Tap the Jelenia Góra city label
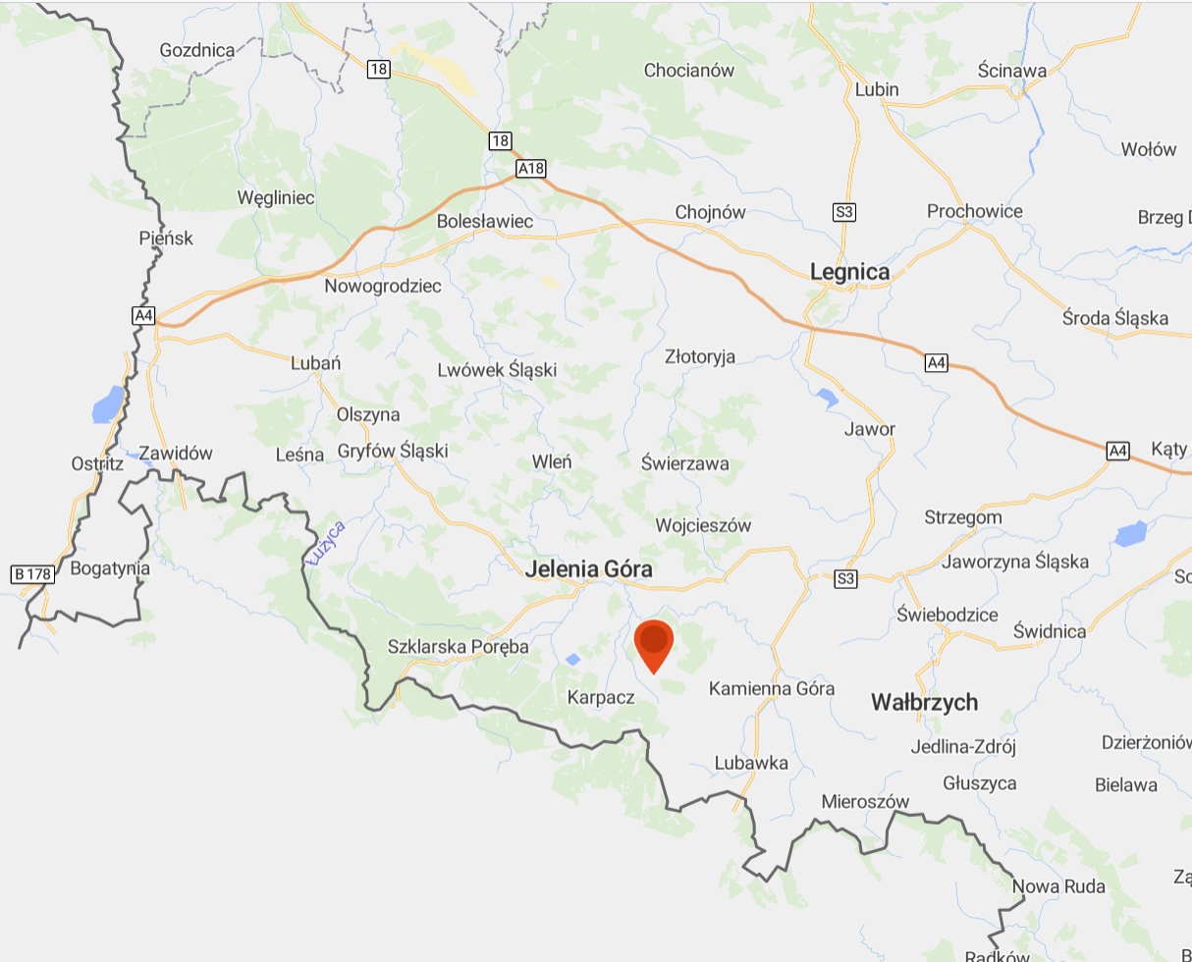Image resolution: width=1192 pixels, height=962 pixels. coord(588,569)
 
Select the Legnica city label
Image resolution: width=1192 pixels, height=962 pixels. coord(849,272)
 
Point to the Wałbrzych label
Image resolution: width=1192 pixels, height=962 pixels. coord(925,702)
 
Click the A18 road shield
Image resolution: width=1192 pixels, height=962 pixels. coord(530,169)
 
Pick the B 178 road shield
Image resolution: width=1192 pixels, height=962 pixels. coord(31,574)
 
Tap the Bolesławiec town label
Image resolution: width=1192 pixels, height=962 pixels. coord(485,221)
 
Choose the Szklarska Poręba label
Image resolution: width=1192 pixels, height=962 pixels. coord(459,647)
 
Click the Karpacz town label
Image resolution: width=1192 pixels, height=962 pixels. coord(601,698)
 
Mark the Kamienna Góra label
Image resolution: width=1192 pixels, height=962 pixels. coord(772,688)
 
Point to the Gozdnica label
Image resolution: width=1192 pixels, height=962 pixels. coord(197,49)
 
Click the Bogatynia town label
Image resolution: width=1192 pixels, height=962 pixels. coord(111,567)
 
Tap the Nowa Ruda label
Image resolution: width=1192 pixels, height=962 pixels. coord(1058,886)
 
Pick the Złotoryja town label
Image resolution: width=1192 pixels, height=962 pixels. coord(700,356)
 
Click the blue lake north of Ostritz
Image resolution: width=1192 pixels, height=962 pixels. coord(108,403)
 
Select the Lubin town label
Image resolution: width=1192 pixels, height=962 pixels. coord(877,89)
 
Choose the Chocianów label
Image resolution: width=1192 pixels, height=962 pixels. coord(689,70)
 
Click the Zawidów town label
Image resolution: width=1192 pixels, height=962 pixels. coord(176,454)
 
